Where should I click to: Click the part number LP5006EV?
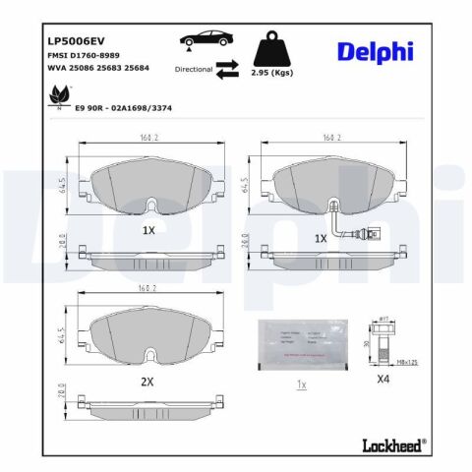76,41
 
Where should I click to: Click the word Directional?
195,70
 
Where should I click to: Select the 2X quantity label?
147,380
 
